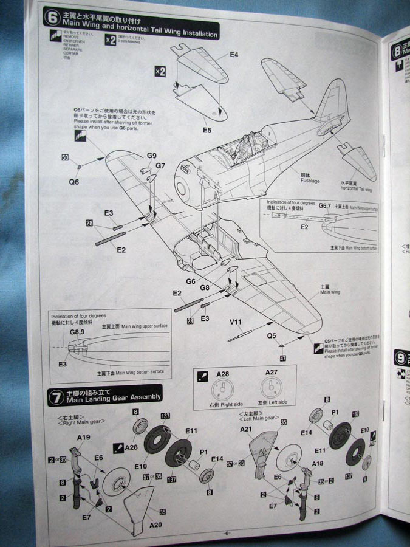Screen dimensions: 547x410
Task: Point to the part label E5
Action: (x=207, y=129)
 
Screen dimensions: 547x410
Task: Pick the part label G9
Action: (x=151, y=156)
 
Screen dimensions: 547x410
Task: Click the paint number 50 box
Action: (x=65, y=158)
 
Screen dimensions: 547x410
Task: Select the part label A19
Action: (x=84, y=438)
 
